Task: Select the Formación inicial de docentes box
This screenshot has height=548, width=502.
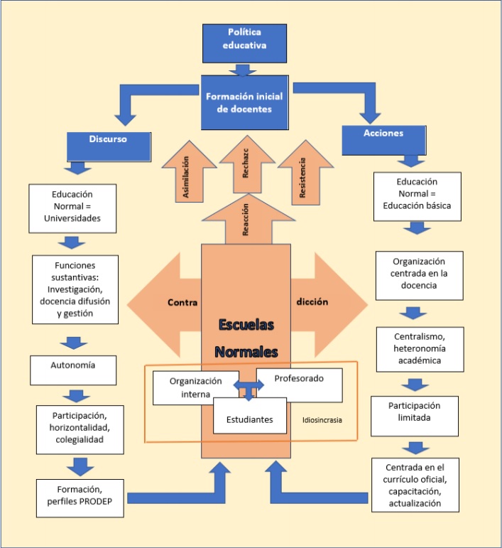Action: [245, 102]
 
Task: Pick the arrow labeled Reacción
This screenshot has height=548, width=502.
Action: [245, 222]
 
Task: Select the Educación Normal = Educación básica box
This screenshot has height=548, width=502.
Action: [417, 196]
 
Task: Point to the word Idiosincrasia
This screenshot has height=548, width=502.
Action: [322, 420]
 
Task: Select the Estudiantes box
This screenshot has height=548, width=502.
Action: [249, 419]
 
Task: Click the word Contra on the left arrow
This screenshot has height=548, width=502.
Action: [182, 302]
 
